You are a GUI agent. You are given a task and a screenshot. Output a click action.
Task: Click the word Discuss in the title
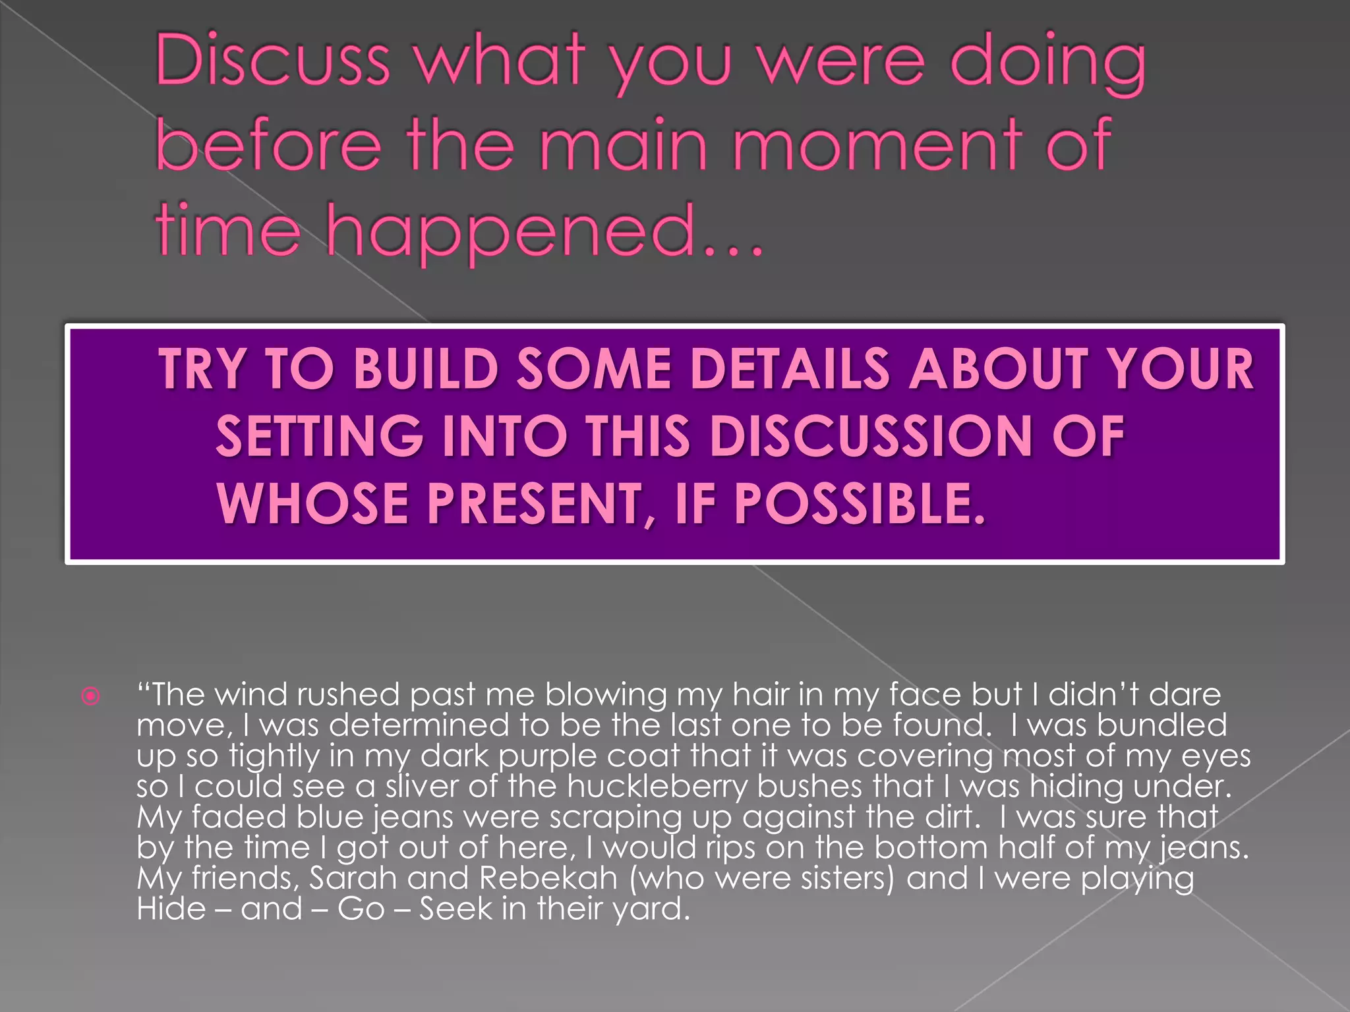pos(272,61)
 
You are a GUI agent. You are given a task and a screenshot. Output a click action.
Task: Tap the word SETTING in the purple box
pos(320,436)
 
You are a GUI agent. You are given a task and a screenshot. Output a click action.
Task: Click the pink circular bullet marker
pos(91,696)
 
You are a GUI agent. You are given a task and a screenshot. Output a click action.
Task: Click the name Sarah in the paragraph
pos(353,878)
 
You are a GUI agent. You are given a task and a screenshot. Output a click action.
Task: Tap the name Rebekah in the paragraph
pos(548,878)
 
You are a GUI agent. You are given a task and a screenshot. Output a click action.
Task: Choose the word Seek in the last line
pos(455,909)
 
